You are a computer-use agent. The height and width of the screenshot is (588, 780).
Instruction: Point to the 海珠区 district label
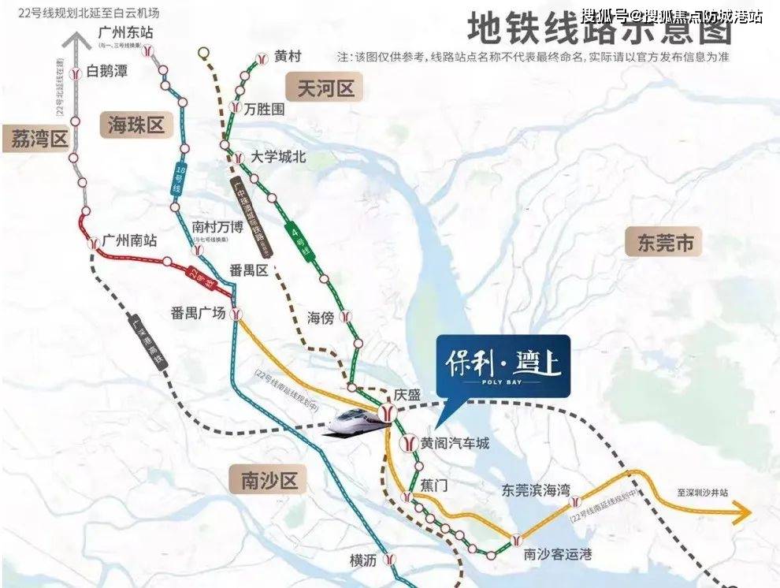(135, 125)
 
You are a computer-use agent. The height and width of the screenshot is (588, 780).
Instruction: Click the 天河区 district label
(325, 87)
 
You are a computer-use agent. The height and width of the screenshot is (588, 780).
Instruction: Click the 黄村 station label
(288, 56)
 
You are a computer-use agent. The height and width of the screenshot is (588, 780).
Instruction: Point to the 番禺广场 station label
(197, 313)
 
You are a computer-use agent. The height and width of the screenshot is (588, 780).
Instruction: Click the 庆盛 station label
(408, 394)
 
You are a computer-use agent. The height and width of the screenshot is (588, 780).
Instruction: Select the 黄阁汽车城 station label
(455, 444)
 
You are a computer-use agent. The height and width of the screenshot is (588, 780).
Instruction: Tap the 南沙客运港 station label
(557, 553)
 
